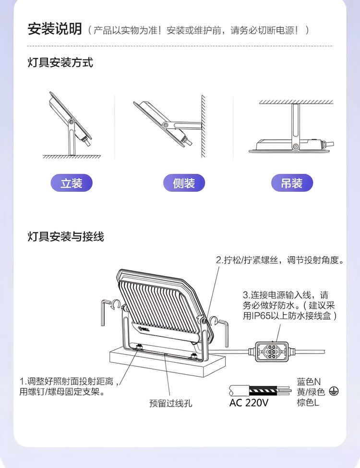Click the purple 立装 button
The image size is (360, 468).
(72, 183)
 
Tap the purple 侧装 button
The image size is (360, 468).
(184, 183)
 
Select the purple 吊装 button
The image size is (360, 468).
(292, 183)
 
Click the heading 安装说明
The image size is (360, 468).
(55, 29)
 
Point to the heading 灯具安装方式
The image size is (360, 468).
(60, 62)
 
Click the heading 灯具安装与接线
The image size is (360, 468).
(66, 237)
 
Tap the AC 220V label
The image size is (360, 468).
(249, 403)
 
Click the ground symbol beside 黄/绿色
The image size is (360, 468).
(334, 391)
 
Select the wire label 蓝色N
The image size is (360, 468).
(309, 382)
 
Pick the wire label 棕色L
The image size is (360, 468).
(308, 402)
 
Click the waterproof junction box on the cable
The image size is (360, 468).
(271, 352)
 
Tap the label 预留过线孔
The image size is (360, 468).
(170, 404)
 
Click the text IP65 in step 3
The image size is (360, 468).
(261, 316)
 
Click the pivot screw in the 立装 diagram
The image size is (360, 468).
(71, 122)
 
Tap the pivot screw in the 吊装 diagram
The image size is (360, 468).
(295, 146)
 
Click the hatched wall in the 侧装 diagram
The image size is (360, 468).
(203, 126)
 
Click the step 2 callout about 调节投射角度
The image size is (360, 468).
(280, 260)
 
